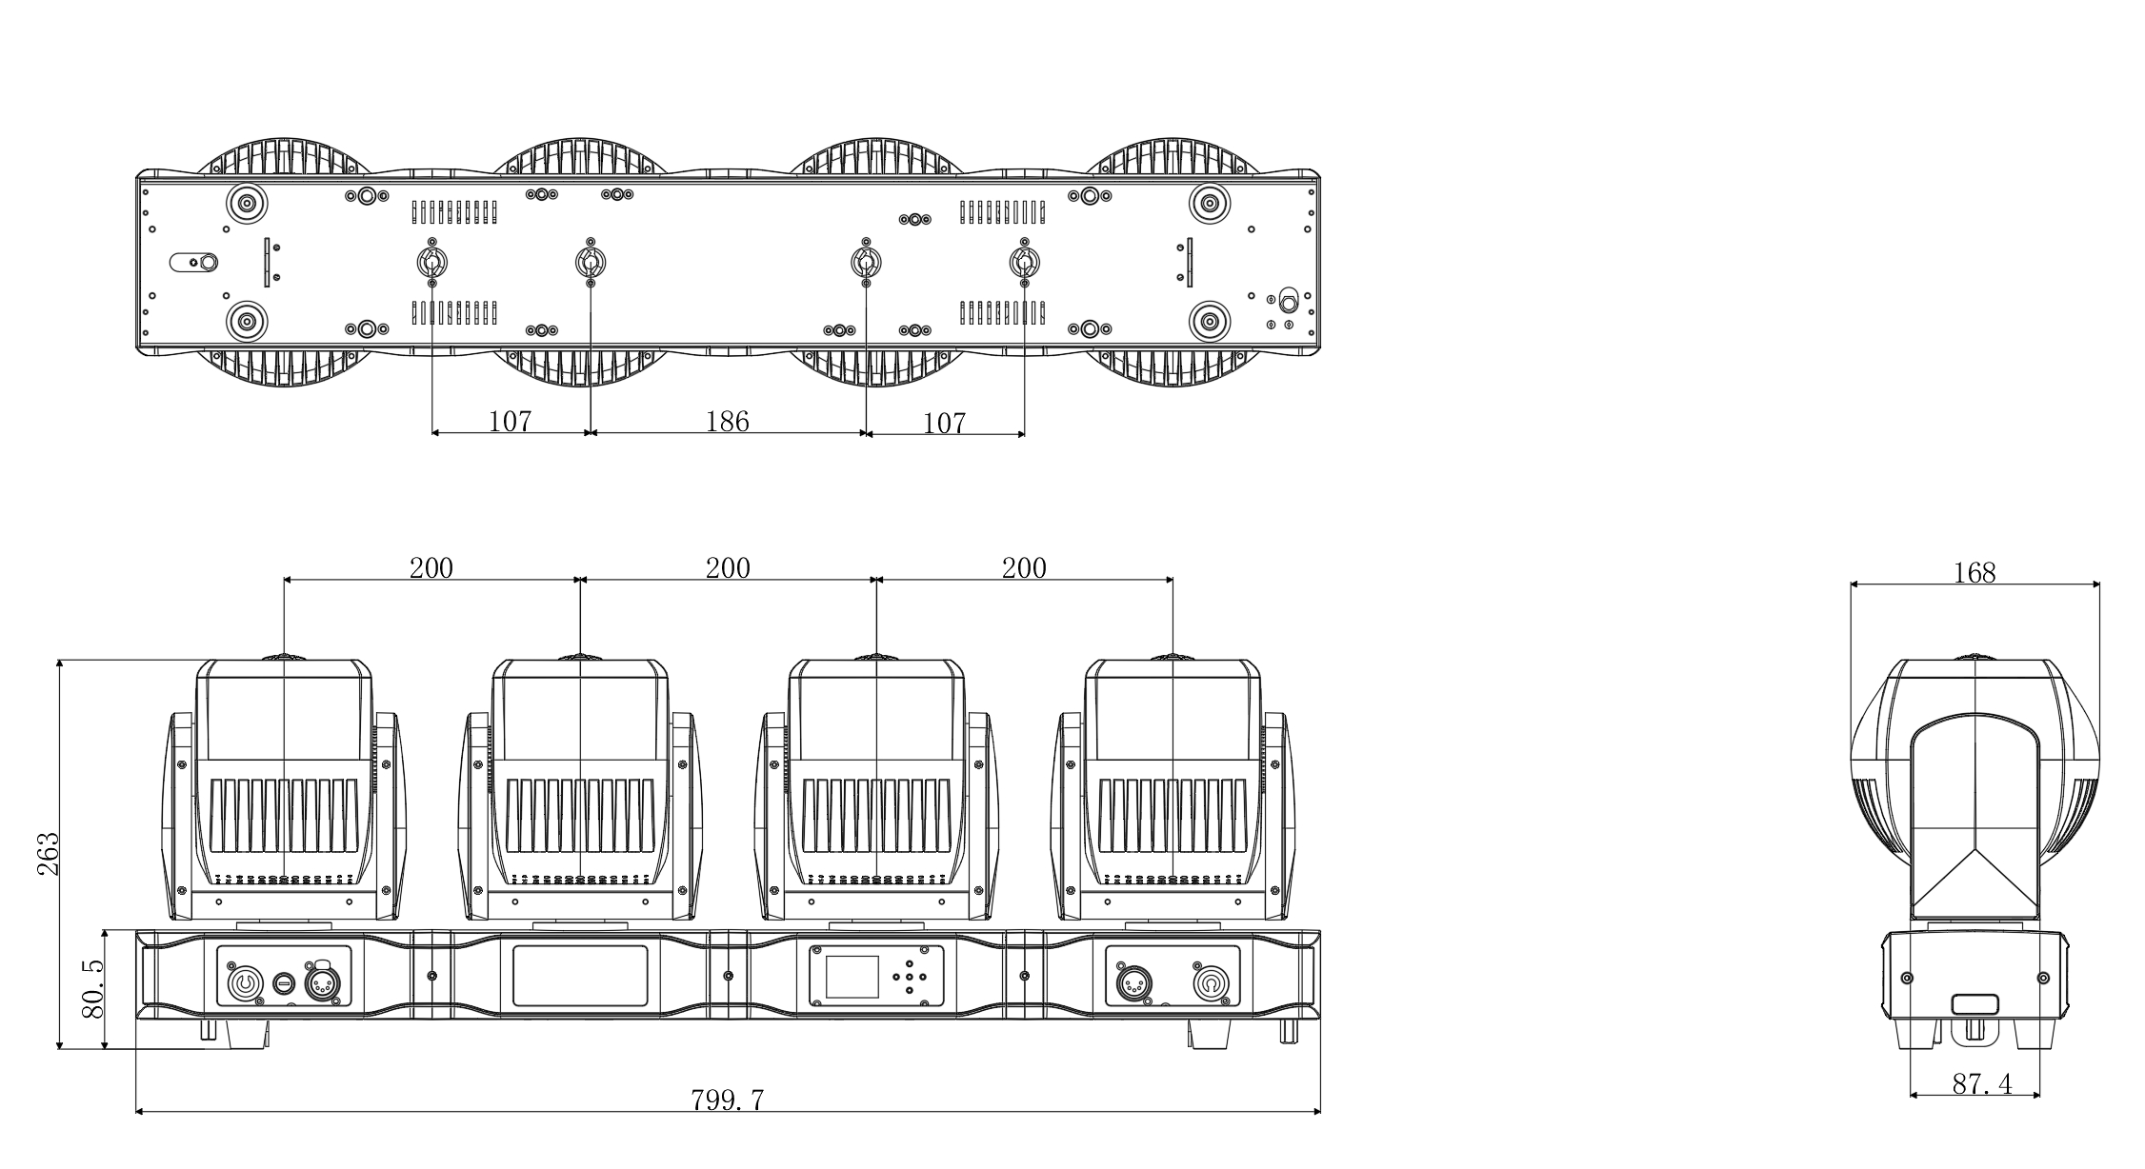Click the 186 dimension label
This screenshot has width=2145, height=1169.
tap(728, 421)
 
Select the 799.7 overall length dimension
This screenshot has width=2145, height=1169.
tap(728, 1100)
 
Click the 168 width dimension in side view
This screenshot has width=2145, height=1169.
tap(1975, 572)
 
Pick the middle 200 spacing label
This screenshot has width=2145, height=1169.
tap(728, 568)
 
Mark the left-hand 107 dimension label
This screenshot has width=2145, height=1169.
tap(510, 421)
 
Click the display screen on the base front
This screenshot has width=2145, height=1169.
tap(852, 976)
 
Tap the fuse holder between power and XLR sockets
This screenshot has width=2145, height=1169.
tap(284, 983)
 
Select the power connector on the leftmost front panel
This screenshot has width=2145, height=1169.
tap(244, 982)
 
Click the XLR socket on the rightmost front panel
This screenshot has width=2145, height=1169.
tap(1135, 983)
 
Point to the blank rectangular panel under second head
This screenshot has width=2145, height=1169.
tap(580, 975)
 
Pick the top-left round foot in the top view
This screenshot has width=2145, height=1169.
tap(246, 203)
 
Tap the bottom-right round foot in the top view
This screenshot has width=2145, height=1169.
tap(1209, 320)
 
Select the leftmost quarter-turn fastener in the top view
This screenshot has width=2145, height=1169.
tap(431, 262)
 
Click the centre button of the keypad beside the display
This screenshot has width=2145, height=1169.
tap(910, 976)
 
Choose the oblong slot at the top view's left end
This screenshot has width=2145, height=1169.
tap(193, 263)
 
